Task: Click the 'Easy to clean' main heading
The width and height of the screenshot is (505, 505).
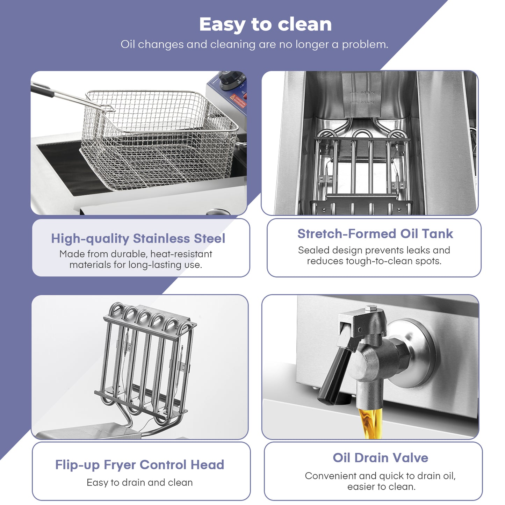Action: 265,24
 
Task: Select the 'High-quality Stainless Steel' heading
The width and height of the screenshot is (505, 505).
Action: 138,239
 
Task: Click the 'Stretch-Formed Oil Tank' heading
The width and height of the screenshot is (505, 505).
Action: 375,234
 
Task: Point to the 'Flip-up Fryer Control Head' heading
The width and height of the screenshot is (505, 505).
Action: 140,465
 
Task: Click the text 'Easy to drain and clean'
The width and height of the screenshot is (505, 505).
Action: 140,483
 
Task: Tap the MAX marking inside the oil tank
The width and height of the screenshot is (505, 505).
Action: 367,92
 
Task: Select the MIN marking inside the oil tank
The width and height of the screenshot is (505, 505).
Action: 367,102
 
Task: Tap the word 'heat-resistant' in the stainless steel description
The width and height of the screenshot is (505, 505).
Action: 181,254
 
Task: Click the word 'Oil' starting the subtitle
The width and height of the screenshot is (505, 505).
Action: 128,44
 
